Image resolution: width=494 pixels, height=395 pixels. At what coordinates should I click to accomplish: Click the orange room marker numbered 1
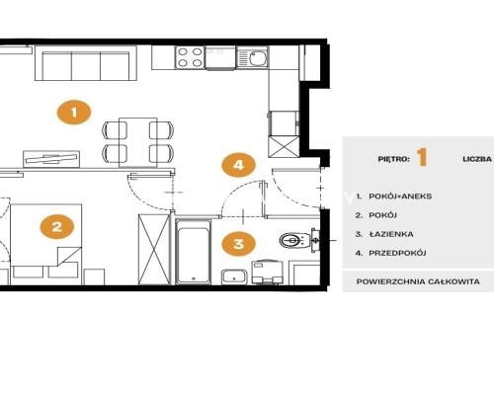coord(74,113)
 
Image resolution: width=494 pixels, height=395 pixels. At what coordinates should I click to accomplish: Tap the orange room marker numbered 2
coord(57,226)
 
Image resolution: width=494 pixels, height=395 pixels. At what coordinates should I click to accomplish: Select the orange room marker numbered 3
coord(238,244)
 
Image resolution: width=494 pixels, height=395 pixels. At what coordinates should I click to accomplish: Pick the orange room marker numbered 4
coord(238,165)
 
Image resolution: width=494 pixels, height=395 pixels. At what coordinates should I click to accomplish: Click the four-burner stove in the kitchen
coord(190,57)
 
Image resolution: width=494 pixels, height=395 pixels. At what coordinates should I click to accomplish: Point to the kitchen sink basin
coord(257,58)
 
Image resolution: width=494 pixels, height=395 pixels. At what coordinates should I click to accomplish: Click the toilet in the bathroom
coord(294,240)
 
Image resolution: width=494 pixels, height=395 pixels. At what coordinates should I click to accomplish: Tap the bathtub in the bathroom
coord(193,252)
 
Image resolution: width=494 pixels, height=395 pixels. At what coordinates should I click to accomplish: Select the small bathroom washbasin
coord(234,276)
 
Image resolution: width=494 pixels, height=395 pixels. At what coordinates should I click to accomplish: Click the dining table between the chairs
coord(138,142)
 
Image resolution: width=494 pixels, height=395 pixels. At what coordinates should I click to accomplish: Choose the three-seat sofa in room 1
coord(86,63)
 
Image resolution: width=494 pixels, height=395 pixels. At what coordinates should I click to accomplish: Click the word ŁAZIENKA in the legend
coord(391,234)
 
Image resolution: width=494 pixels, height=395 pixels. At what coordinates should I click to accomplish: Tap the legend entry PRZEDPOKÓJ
coord(397,253)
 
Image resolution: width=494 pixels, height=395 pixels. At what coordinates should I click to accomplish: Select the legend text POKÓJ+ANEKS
coord(400,197)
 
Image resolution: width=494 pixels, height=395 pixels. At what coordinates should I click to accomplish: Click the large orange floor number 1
coord(422,157)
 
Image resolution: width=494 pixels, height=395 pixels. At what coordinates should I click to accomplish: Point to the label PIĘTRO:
coord(394,159)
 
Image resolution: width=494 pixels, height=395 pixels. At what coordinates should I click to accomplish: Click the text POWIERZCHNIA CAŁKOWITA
coord(418,281)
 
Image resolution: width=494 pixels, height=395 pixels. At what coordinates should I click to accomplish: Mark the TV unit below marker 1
coord(51,159)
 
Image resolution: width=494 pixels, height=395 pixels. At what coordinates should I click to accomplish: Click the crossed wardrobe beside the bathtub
coord(154,249)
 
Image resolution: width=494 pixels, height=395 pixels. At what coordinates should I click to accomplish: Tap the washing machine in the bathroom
coord(268,272)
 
